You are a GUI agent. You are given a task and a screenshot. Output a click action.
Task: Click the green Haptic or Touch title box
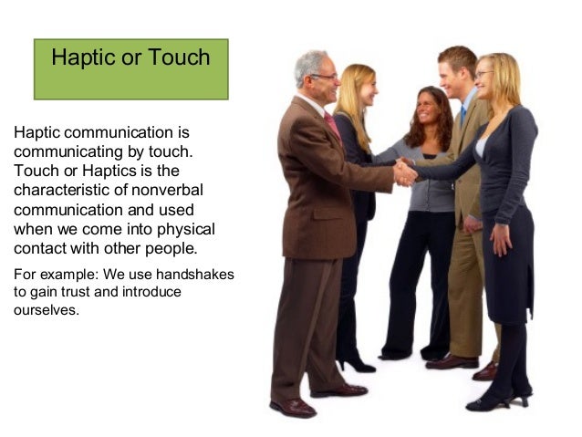(130, 68)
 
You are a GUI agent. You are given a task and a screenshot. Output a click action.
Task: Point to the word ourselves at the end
(46, 309)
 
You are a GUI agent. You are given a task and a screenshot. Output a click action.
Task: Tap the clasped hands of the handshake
(404, 172)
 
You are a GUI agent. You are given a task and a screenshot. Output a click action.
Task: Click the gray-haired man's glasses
(324, 77)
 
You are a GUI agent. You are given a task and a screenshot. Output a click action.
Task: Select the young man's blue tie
(462, 114)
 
